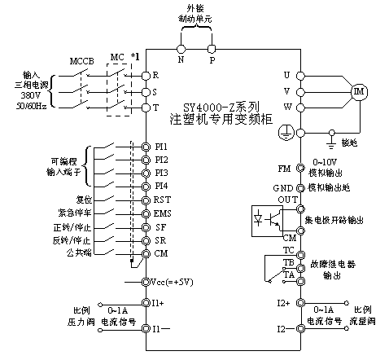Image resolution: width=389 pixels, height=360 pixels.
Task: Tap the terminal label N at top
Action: (x=181, y=59)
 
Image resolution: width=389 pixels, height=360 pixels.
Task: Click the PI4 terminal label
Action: (x=161, y=187)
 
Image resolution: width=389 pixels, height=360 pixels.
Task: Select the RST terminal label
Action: (x=163, y=200)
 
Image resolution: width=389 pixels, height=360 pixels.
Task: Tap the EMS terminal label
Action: (x=163, y=213)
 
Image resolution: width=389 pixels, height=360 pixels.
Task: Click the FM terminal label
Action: (x=284, y=169)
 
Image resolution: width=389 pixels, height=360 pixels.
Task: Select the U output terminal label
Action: (x=286, y=75)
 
